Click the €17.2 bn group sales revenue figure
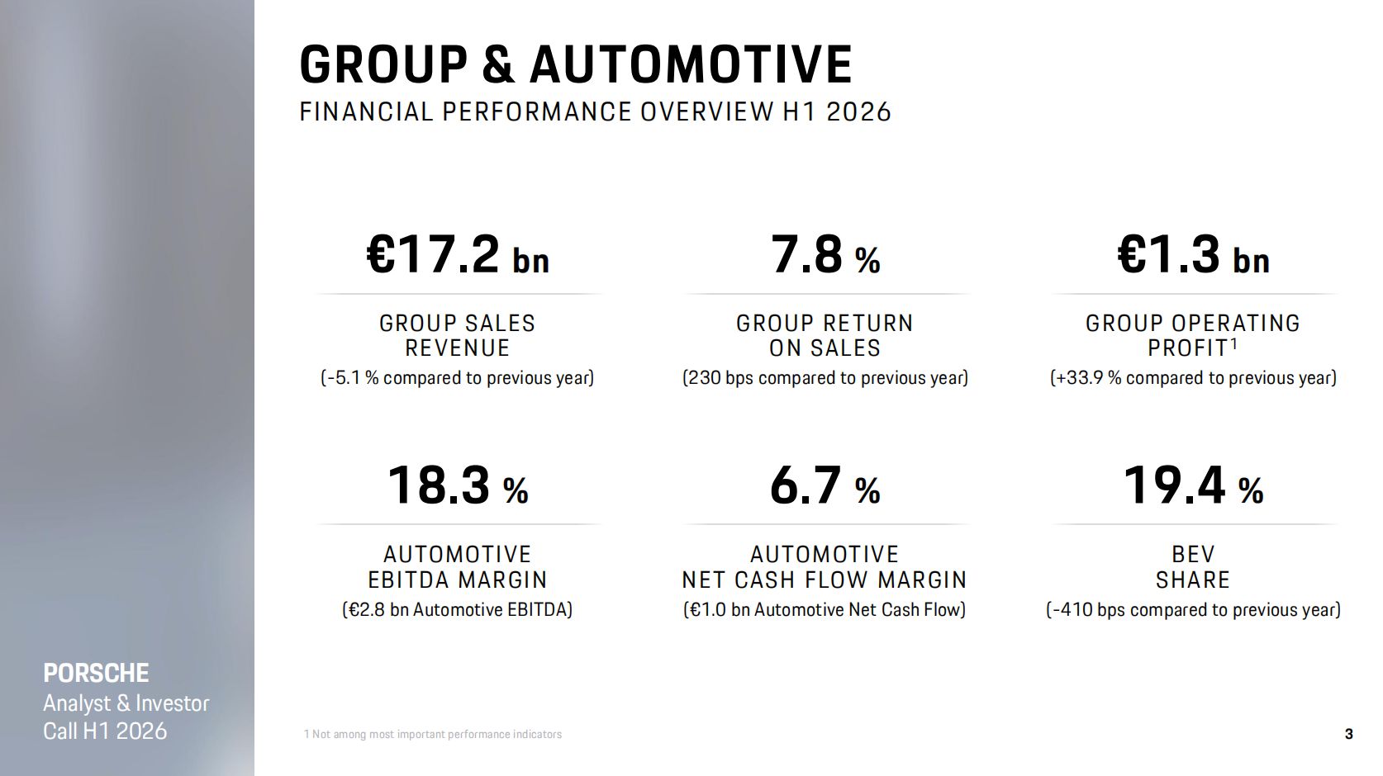point(458,255)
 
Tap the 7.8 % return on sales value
point(825,255)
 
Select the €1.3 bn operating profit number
point(1194,255)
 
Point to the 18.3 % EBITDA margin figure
point(458,486)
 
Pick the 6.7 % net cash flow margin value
point(825,486)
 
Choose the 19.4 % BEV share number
point(1194,486)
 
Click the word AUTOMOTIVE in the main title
point(691,64)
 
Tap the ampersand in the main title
point(497,64)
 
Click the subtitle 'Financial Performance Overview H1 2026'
point(595,112)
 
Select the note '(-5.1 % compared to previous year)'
point(458,377)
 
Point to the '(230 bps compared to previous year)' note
point(825,377)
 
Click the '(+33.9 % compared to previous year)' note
point(1194,377)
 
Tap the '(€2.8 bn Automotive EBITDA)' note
point(458,609)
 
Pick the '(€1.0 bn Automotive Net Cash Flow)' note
point(825,609)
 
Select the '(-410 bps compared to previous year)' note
point(1194,609)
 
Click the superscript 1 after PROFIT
point(1234,343)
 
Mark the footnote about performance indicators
point(433,734)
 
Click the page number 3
point(1349,734)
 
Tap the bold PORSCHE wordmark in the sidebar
point(97,673)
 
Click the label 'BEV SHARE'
point(1194,567)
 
